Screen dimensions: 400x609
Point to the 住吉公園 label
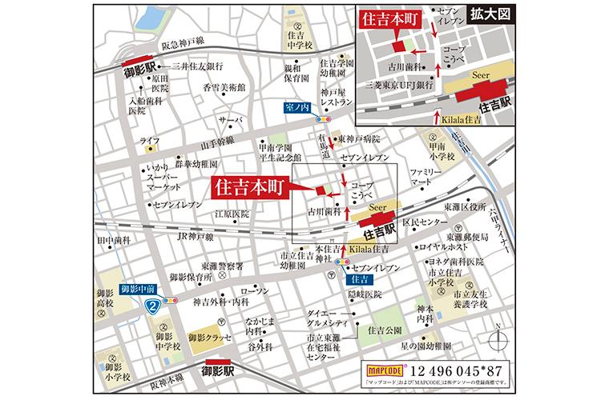click(x=385, y=330)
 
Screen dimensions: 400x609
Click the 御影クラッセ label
click(x=215, y=338)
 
